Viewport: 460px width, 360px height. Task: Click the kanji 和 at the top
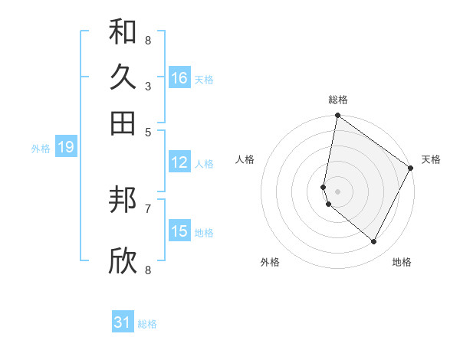123,32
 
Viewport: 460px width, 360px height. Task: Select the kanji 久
123,77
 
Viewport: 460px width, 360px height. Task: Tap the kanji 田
123,123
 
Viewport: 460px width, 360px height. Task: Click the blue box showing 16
179,78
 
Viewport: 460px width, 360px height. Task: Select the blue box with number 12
179,162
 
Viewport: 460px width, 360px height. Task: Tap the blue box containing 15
179,231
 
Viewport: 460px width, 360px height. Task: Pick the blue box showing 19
65,148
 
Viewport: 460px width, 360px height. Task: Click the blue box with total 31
123,322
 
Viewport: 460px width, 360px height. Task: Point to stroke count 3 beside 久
148,86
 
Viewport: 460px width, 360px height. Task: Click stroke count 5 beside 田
148,131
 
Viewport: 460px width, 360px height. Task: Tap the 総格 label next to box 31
147,324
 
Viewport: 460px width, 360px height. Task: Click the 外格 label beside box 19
41,149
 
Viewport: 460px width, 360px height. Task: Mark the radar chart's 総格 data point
337,116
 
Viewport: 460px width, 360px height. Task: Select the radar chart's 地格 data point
374,242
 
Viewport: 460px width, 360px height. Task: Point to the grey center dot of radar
337,191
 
